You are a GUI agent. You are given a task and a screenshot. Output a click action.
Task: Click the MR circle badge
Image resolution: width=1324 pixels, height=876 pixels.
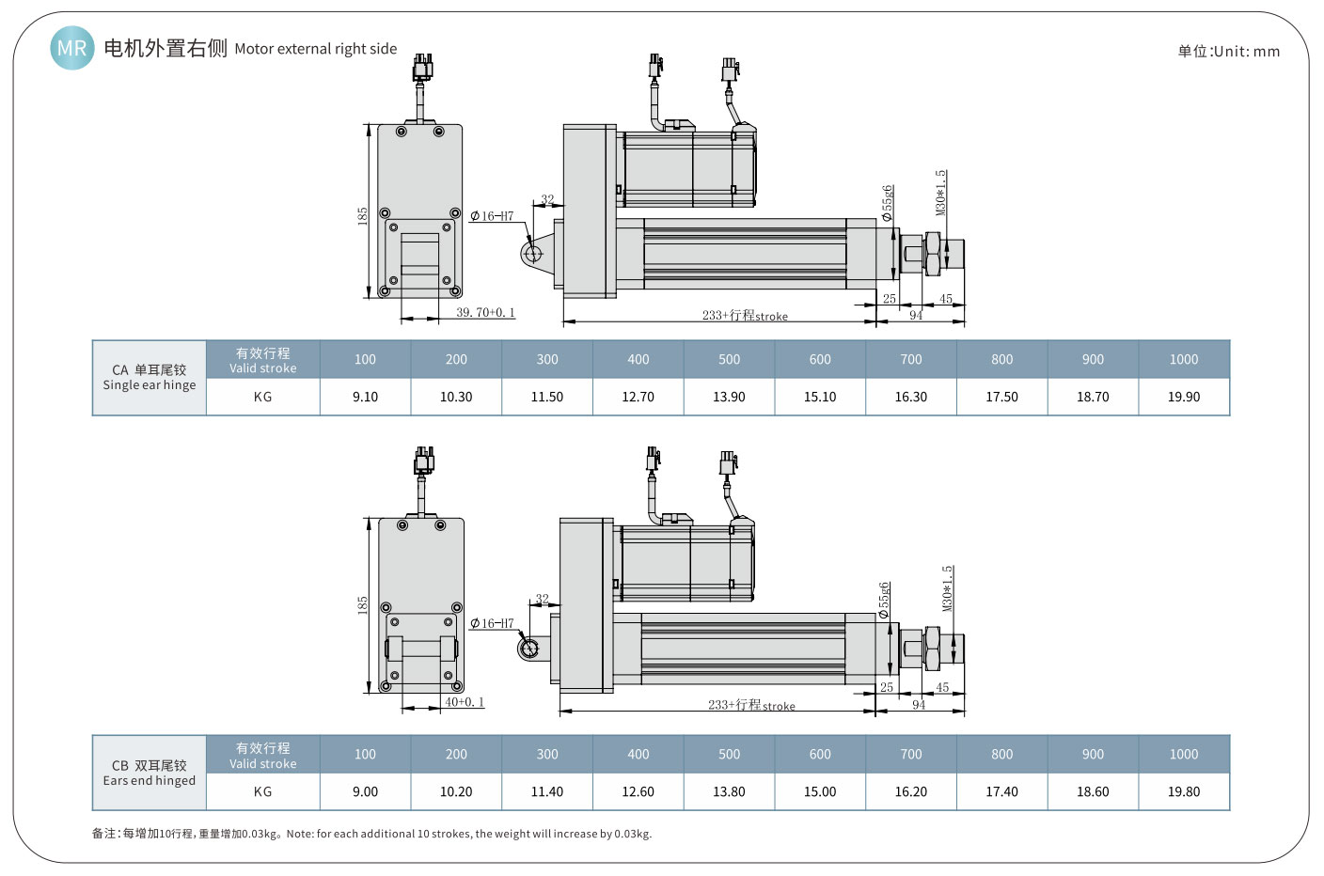pos(71,48)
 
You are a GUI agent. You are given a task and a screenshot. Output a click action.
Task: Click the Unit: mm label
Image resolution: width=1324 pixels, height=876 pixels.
pos(1228,52)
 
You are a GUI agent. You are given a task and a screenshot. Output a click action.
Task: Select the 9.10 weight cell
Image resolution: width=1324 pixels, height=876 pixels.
pos(365,397)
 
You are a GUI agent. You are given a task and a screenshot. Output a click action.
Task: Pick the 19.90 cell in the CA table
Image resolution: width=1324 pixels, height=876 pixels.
pos(1183,397)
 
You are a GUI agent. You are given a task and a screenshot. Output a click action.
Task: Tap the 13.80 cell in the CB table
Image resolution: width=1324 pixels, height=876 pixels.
pos(729,791)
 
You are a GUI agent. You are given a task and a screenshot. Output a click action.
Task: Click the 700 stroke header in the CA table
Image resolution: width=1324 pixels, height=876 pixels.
pos(910,359)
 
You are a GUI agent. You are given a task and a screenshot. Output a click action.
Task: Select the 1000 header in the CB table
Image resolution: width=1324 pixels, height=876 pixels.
pos(1183,754)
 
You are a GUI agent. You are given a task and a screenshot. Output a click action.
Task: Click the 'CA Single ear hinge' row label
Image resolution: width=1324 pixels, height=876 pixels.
pos(150,377)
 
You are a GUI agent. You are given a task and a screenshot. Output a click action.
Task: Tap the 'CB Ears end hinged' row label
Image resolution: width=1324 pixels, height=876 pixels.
pos(150,773)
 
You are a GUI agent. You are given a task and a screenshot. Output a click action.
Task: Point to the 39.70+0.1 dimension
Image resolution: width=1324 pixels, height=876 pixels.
pos(485,312)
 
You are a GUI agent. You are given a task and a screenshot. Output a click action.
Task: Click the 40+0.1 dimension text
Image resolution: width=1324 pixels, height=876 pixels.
pos(465,702)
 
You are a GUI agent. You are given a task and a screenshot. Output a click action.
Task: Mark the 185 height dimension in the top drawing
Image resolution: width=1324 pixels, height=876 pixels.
pos(362,215)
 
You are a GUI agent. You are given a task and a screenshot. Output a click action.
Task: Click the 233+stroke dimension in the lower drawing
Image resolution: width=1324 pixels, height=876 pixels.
pos(751,705)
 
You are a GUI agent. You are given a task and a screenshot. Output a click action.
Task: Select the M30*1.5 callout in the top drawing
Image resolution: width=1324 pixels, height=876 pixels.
pos(940,193)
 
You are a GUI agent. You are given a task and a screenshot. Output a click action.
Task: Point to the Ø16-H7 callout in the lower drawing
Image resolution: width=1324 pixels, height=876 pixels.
pos(492,623)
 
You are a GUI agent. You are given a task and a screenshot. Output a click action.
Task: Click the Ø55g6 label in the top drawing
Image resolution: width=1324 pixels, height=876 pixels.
pos(887,203)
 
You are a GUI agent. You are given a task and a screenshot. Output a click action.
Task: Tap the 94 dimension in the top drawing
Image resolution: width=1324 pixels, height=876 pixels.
pos(915,316)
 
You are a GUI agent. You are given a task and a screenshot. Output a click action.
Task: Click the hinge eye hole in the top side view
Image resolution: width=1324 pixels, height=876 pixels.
pos(533,253)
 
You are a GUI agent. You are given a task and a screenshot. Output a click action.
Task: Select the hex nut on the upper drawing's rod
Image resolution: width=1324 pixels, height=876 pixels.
pos(932,254)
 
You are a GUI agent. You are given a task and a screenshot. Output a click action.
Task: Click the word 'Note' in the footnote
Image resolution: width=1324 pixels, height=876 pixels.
pos(299,834)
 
